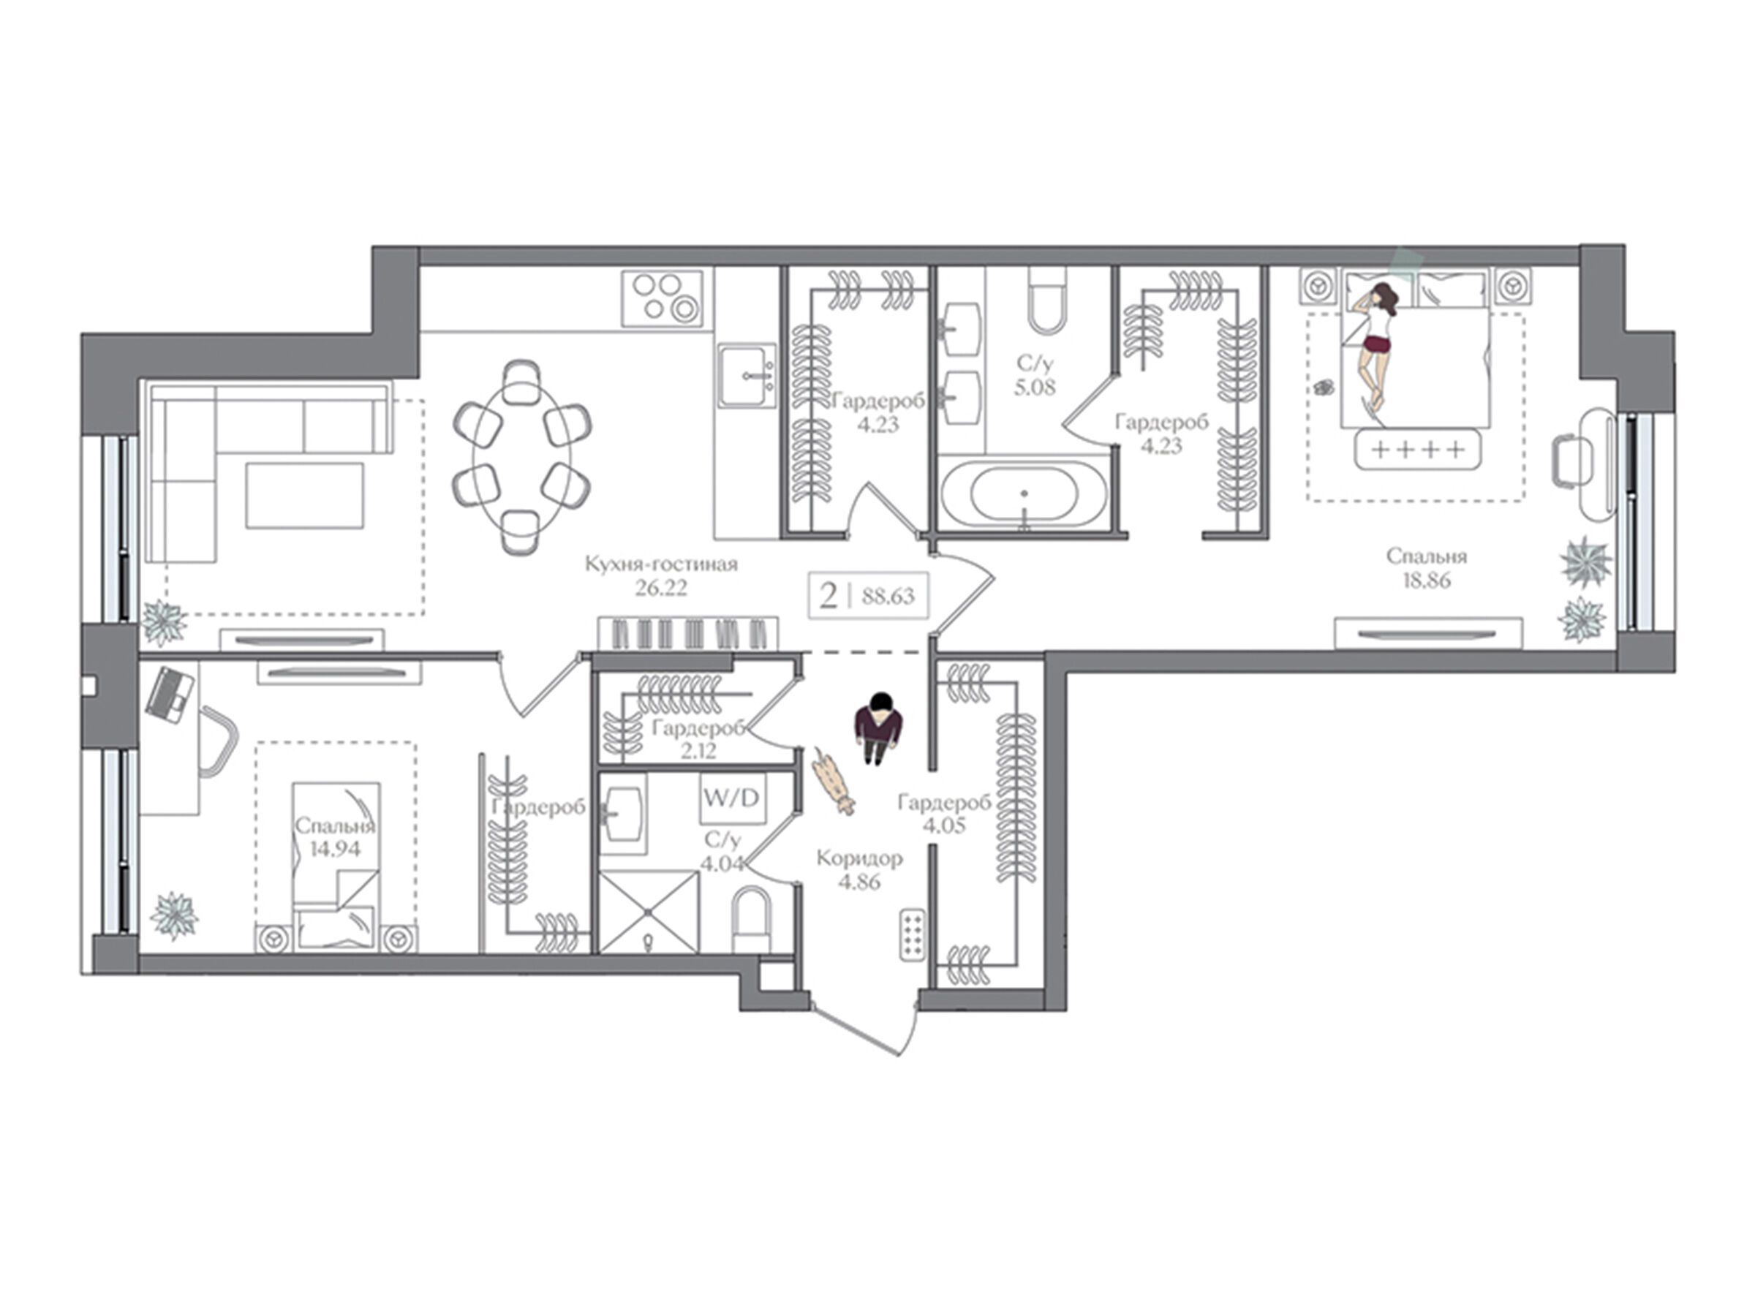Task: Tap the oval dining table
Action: point(521,457)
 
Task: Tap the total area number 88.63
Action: point(888,595)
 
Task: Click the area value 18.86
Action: point(1426,581)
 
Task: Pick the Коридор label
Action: point(859,858)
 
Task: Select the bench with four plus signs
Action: point(1418,450)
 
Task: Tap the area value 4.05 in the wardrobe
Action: point(944,825)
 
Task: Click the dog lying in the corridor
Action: point(831,782)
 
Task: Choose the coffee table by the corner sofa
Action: point(305,496)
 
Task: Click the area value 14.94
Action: point(335,849)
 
